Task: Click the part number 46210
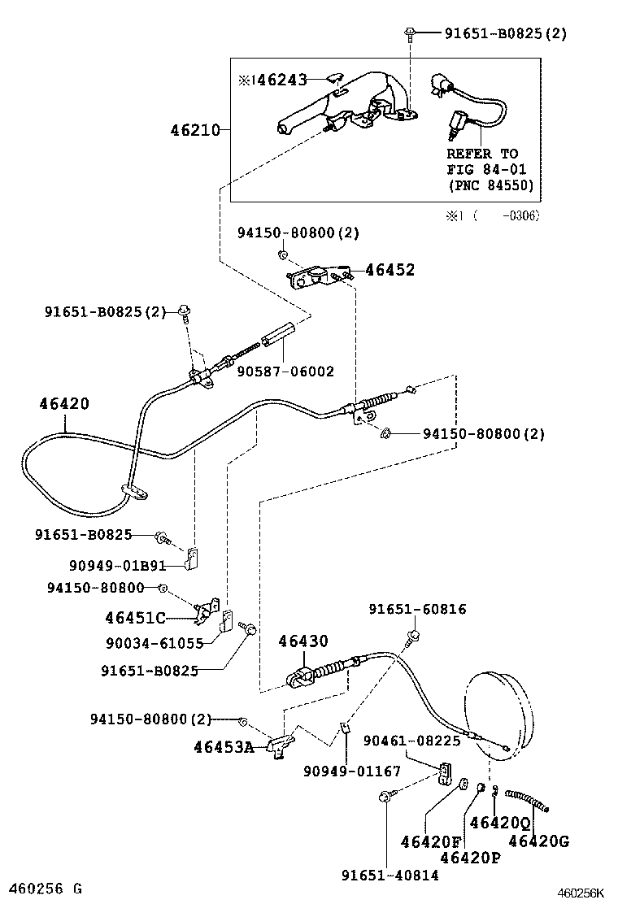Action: pos(195,129)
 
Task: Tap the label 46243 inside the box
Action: pos(278,80)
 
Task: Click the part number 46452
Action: pos(390,270)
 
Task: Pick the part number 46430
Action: pos(303,641)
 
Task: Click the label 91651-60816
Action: pos(417,609)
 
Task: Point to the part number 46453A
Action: pos(224,746)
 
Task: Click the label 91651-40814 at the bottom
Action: pos(390,875)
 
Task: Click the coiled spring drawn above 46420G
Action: pos(527,799)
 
